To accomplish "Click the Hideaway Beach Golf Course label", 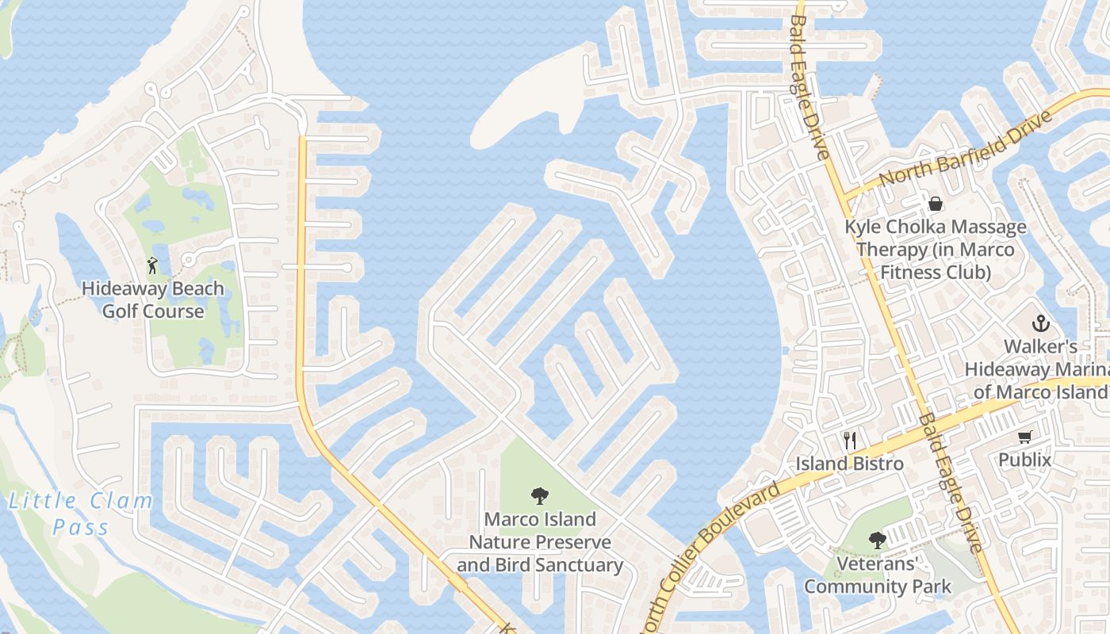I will (x=153, y=300).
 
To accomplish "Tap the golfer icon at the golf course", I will (x=152, y=265).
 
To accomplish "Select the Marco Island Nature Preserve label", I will (x=540, y=542).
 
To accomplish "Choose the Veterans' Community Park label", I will (x=878, y=575).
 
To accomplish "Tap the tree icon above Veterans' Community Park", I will (x=877, y=540).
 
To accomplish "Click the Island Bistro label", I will (x=850, y=464).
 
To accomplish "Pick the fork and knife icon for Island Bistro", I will (x=850, y=440).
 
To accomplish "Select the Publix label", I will (x=1024, y=460).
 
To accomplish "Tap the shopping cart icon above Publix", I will (x=1025, y=436).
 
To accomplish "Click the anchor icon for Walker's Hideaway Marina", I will (x=1040, y=323).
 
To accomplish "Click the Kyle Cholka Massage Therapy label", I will (x=936, y=250).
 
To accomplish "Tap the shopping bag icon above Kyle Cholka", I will (x=936, y=204).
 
